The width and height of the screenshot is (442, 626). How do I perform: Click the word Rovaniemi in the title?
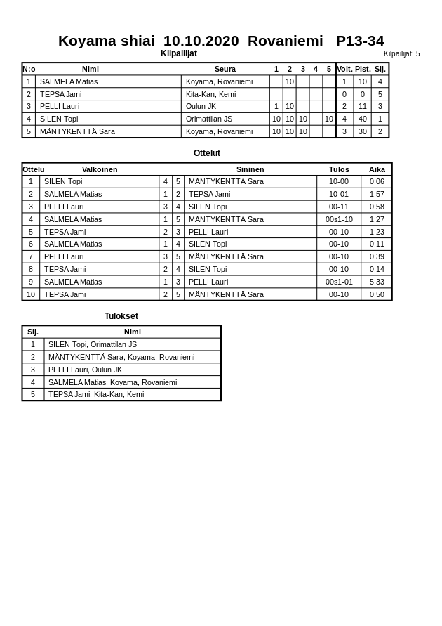(285, 41)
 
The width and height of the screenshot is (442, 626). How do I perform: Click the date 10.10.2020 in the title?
(201, 41)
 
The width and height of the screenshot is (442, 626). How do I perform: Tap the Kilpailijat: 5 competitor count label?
(401, 53)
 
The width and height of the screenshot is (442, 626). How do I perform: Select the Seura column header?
(225, 69)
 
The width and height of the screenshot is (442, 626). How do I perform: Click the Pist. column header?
(363, 69)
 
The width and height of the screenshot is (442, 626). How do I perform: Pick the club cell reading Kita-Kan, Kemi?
(210, 94)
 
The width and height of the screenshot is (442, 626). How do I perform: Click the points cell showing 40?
(363, 119)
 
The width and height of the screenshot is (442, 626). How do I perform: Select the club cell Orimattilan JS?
(209, 119)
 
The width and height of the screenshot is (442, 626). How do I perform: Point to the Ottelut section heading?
(207, 153)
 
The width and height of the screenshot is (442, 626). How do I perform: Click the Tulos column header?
(339, 169)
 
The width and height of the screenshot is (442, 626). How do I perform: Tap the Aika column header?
(377, 169)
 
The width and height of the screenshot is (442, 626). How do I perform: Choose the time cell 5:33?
(377, 282)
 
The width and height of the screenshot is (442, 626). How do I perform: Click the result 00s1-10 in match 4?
(339, 219)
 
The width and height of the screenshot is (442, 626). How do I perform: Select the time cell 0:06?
(377, 181)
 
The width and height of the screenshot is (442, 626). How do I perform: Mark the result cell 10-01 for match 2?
(339, 194)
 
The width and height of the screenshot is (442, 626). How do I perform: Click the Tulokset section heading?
(121, 316)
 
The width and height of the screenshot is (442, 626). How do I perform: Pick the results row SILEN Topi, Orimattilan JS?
(93, 344)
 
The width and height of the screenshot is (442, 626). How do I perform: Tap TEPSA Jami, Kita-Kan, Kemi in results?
(96, 394)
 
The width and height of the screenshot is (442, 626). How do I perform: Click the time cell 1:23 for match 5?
(377, 232)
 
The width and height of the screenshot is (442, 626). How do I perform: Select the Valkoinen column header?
(100, 169)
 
